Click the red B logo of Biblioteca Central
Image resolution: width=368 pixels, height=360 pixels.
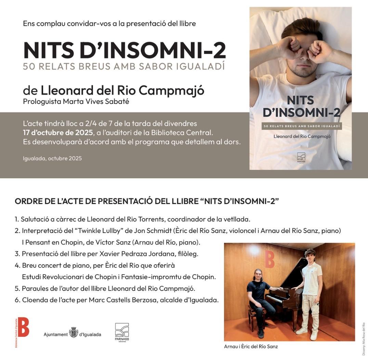(x=23, y=327)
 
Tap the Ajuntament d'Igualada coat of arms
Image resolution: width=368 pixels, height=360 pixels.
(x=74, y=332)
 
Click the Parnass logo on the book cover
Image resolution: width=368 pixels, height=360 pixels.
(x=301, y=157)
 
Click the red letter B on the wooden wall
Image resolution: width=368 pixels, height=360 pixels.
(x=270, y=259)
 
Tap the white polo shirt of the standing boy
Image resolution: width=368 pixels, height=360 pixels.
(x=312, y=279)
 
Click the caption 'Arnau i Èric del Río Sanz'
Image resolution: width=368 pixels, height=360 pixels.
(x=251, y=346)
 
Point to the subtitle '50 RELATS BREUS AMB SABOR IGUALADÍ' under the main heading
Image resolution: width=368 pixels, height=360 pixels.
(x=124, y=66)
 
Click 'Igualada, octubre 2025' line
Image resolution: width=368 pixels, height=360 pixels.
(x=52, y=158)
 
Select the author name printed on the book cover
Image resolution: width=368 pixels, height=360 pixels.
(x=301, y=137)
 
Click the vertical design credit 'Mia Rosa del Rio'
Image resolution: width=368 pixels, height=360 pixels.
(x=364, y=339)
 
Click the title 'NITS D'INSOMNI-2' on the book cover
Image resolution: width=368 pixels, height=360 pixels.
(x=301, y=106)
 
